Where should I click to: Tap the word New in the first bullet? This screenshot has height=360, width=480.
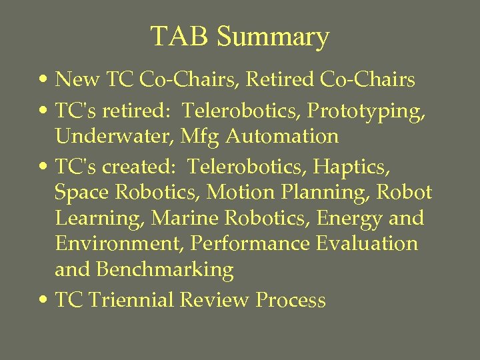(x=77, y=80)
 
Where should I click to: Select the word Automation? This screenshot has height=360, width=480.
(x=282, y=136)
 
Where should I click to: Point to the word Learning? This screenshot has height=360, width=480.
(x=99, y=219)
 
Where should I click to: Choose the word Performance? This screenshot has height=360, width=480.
(x=250, y=243)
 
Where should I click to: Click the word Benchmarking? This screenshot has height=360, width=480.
(x=165, y=270)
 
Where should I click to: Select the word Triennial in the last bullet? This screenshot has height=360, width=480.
(x=131, y=300)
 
